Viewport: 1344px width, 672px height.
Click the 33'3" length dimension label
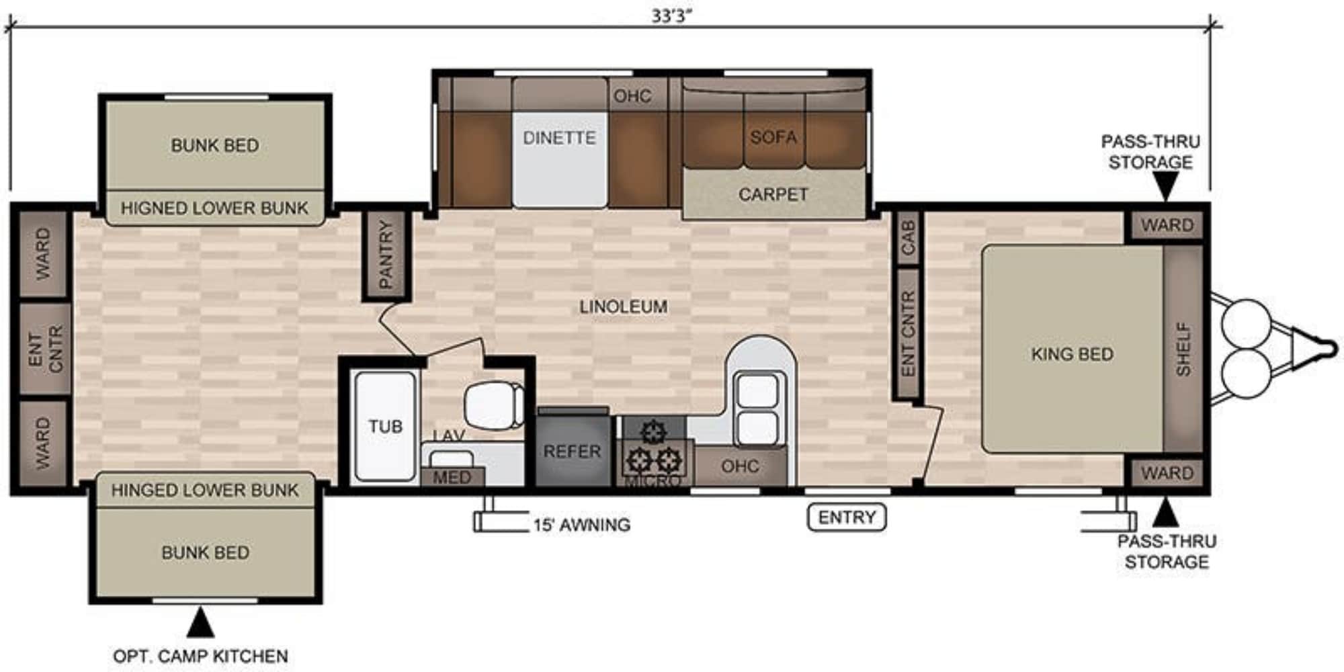[x=671, y=16]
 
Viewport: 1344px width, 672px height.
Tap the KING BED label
[x=1073, y=354]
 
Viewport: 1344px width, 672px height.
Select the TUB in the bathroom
[x=384, y=426]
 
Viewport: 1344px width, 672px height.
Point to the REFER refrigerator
[x=573, y=449]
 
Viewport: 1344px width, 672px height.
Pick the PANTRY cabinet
[x=386, y=255]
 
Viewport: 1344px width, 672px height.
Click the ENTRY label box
[x=847, y=517]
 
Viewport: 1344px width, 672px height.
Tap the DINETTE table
[x=560, y=159]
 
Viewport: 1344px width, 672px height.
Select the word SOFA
[x=773, y=137]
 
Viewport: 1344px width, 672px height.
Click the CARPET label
[x=773, y=194]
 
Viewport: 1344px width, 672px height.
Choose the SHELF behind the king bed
[x=1183, y=349]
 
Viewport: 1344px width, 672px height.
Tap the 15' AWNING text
[x=582, y=525]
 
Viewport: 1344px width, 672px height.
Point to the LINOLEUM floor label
[x=624, y=307]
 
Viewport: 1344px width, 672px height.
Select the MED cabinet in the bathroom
[x=452, y=476]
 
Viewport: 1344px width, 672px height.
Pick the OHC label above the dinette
[x=632, y=96]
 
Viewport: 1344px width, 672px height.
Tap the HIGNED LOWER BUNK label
[x=214, y=208]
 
